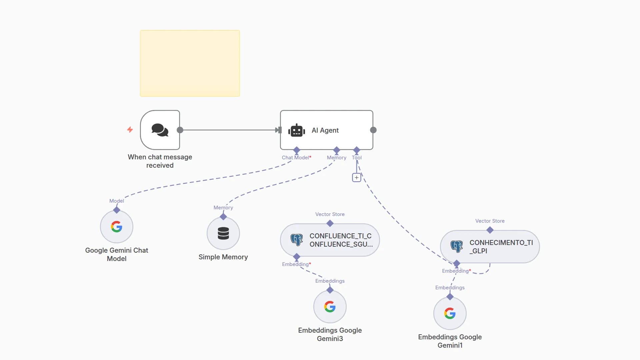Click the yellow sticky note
click(x=190, y=63)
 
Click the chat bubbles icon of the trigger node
click(x=160, y=130)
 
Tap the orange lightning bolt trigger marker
click(x=130, y=129)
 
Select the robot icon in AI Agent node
click(x=296, y=130)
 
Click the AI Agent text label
click(x=325, y=130)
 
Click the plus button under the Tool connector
click(x=357, y=178)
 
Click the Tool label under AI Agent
click(x=357, y=158)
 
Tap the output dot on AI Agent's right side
click(x=373, y=130)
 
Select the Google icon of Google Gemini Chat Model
click(x=117, y=227)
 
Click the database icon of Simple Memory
click(x=223, y=233)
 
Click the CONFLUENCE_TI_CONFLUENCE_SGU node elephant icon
click(x=296, y=240)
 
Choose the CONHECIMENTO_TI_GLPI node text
click(x=501, y=247)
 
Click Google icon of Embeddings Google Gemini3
click(x=330, y=307)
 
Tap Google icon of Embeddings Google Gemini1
click(x=450, y=313)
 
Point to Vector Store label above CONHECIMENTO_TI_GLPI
click(x=490, y=221)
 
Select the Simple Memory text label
click(x=223, y=257)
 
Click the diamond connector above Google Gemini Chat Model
click(x=117, y=210)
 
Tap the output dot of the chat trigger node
click(x=180, y=130)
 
